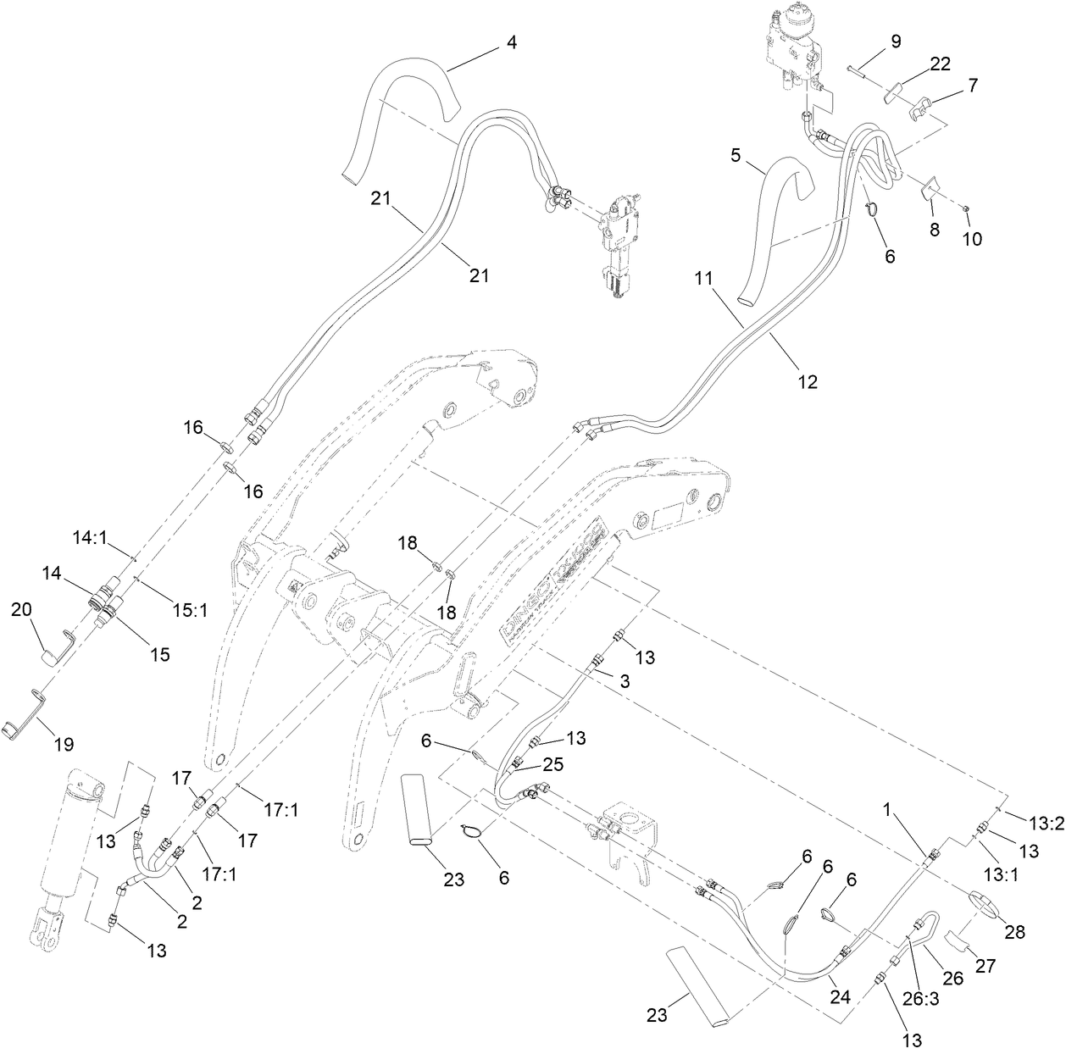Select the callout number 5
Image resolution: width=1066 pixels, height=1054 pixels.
point(736,156)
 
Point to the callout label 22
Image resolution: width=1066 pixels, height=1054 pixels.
point(940,64)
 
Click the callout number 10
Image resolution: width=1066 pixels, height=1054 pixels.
point(972,239)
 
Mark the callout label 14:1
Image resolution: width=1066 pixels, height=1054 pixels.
point(89,536)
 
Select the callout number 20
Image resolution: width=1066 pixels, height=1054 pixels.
point(21,610)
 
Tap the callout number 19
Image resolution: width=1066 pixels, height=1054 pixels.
point(64,744)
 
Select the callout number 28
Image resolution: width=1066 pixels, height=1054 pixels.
point(1015,932)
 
